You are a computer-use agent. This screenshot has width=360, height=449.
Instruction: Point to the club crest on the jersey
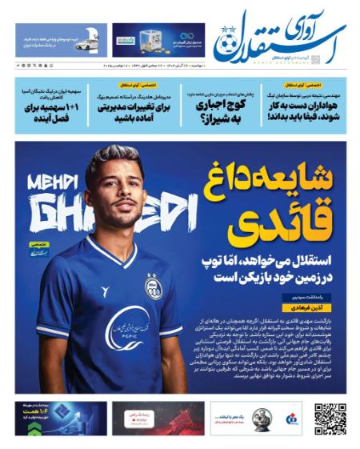click(x=152, y=287)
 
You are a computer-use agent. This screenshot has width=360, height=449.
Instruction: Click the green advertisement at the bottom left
click(x=60, y=419)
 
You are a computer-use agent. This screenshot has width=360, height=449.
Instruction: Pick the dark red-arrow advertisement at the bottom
click(x=158, y=419)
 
